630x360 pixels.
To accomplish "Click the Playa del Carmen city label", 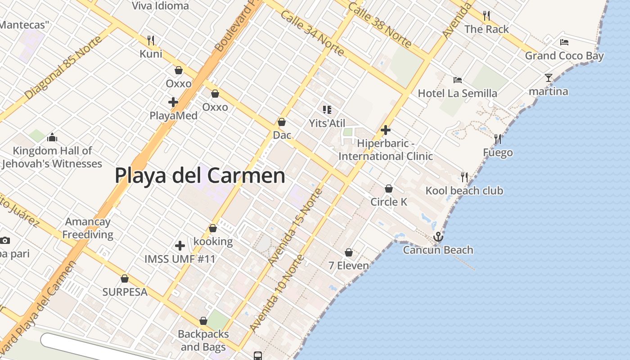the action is click(200, 175).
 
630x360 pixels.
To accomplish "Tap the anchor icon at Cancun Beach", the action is click(438, 237).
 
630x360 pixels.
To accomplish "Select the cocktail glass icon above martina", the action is click(548, 78).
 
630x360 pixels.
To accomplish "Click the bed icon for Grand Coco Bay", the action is click(564, 42).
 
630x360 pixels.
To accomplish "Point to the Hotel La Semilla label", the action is click(457, 94).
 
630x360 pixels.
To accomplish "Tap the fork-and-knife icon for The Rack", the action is click(486, 16).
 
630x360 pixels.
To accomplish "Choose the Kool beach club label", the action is click(464, 191).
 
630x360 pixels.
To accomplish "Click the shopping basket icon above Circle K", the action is click(389, 189).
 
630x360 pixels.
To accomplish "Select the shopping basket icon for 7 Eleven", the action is click(349, 252).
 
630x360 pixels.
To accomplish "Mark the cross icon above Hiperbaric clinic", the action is click(386, 130).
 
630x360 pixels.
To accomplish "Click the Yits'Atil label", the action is click(327, 123).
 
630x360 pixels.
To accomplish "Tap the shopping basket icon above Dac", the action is click(282, 122).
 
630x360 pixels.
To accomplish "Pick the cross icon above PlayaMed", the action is click(173, 102).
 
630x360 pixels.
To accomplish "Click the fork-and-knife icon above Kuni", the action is click(151, 40).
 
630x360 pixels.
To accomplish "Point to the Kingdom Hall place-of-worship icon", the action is click(52, 137).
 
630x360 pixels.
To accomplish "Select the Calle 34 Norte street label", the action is click(312, 34).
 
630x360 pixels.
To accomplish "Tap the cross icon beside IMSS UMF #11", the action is click(180, 246).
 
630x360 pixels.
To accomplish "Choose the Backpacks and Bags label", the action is click(203, 341).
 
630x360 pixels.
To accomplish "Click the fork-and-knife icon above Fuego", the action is click(498, 139).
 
